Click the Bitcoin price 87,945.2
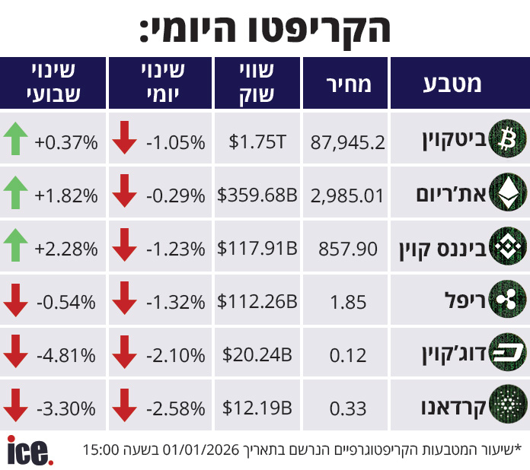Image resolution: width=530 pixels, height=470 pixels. pos(347,141)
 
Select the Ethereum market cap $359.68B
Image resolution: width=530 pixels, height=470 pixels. pos(257,195)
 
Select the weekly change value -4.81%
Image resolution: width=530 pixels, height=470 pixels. pos(66,355)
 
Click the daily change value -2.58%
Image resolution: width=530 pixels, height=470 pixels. pos(175,408)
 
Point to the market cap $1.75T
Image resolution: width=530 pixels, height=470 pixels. pos(257,141)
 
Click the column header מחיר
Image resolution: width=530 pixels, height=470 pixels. pos(348,84)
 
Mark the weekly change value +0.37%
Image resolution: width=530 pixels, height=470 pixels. pos(66,141)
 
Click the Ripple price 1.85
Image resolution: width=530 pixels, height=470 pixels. pos(349,302)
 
